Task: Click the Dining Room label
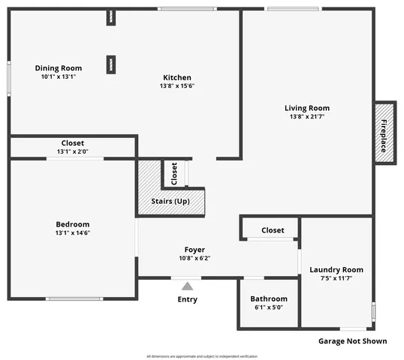(58, 68)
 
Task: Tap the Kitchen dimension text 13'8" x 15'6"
(177, 85)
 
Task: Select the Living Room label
(306, 108)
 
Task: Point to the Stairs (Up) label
(171, 202)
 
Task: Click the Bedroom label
(73, 224)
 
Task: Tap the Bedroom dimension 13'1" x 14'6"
(73, 232)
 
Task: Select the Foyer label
(194, 250)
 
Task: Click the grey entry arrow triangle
(187, 285)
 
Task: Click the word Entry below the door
(187, 300)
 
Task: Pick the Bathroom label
(269, 298)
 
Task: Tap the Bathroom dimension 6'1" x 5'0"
(269, 307)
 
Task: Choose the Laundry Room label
(336, 270)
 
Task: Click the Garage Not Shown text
(352, 341)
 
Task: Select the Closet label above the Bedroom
(73, 142)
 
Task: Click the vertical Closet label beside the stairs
(174, 173)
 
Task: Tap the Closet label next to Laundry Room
(273, 230)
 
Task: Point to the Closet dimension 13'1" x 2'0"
(73, 151)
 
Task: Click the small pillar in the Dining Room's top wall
(110, 17)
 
